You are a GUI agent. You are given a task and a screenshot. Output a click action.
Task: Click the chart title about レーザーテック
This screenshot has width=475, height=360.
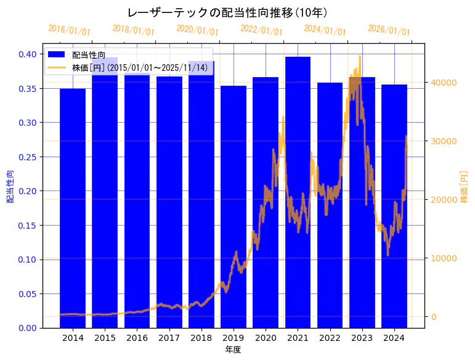click(x=227, y=12)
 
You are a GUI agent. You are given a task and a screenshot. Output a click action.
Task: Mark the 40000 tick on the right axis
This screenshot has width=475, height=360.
click(x=442, y=83)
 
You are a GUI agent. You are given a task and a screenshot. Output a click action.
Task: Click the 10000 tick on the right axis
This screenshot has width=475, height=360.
click(x=442, y=258)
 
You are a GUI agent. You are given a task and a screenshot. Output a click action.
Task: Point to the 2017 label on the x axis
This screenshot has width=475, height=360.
click(x=169, y=338)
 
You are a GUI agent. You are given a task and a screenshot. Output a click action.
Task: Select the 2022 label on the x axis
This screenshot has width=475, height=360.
click(x=330, y=338)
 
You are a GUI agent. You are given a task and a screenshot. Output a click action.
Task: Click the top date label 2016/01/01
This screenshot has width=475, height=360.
click(x=69, y=30)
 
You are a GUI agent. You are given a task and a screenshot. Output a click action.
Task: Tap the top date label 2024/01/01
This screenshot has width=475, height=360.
click(x=325, y=30)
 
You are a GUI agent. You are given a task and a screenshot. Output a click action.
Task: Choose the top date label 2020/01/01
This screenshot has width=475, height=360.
click(x=197, y=30)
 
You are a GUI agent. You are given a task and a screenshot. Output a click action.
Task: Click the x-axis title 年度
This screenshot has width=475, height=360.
click(x=233, y=350)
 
